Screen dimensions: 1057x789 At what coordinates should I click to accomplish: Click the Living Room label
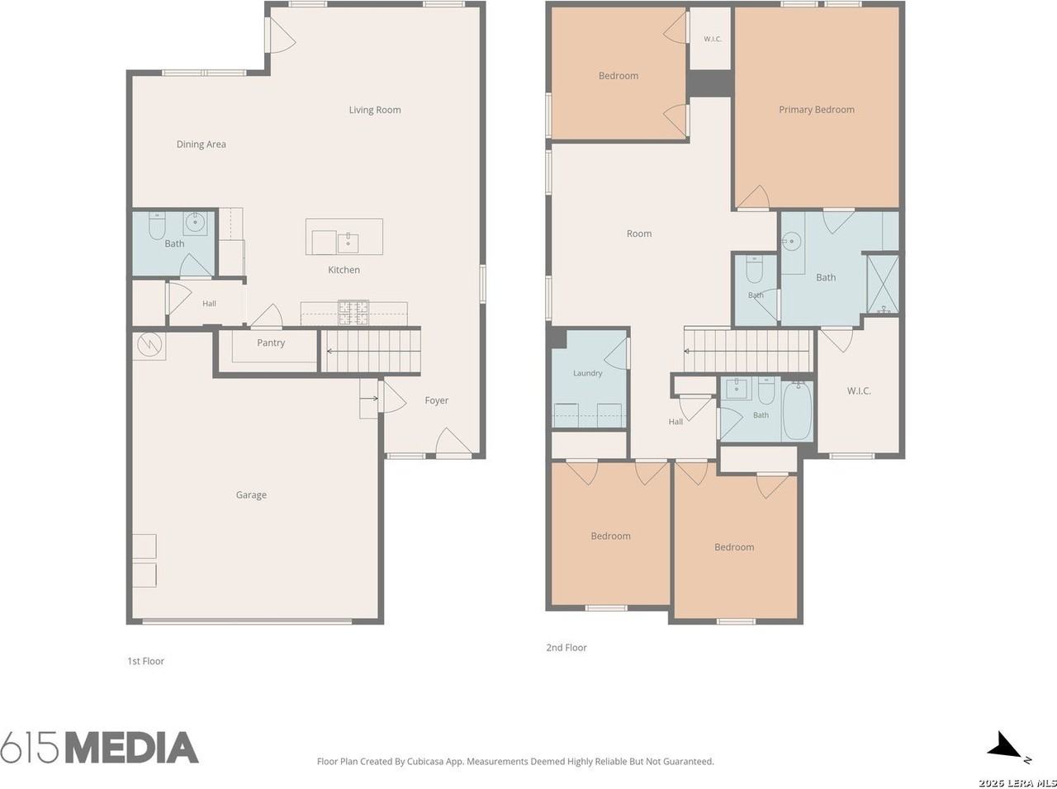point(375,110)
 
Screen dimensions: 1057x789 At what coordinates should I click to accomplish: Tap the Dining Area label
point(201,144)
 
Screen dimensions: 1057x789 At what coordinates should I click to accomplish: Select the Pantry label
point(271,343)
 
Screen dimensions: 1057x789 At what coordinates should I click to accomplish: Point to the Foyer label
point(436,400)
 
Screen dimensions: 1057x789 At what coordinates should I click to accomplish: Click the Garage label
point(251,494)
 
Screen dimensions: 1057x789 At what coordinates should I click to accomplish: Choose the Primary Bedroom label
point(816,110)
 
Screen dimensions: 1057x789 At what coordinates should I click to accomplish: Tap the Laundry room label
point(587,373)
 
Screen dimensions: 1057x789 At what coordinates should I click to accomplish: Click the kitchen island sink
point(348,243)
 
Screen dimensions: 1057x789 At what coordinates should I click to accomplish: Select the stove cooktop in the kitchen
point(353,312)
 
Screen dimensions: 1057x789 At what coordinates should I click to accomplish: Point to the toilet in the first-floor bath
point(157,225)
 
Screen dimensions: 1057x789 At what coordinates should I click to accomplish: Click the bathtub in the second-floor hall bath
point(798,411)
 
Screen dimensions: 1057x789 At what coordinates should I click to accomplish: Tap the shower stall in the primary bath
point(883,286)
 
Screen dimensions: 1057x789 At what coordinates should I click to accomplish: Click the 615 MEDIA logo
point(99,748)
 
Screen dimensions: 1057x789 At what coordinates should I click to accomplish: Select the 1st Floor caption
point(145,661)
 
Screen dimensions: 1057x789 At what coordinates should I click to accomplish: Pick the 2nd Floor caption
point(566,648)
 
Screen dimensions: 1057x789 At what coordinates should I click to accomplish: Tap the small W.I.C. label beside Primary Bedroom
point(712,39)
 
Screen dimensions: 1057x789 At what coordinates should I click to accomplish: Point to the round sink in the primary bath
point(791,241)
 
